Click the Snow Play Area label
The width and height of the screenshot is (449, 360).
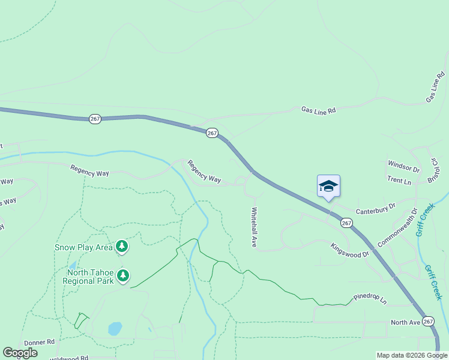pos(83,247)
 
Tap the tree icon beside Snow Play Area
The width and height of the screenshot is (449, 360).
pos(122,246)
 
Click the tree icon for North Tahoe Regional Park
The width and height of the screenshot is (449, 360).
pos(122,275)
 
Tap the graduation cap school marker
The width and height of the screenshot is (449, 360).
pos(328,186)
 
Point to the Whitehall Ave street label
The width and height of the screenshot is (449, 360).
pos(254,227)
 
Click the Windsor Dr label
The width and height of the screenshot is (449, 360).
pos(403,165)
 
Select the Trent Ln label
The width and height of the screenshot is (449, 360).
pos(399,181)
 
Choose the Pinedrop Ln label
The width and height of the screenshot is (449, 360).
pos(370,297)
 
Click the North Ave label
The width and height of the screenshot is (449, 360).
pos(406,322)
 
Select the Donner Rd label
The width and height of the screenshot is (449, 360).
pos(39,342)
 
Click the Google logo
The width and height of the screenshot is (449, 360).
pos(20,353)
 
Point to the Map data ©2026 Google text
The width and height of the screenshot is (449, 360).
pos(412,355)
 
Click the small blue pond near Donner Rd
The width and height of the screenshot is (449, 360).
pos(115,329)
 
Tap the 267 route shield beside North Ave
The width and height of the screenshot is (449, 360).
pos(427,322)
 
